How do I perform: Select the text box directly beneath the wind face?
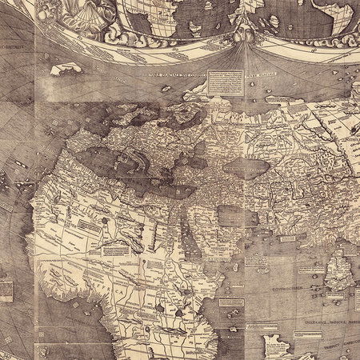(220, 81)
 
